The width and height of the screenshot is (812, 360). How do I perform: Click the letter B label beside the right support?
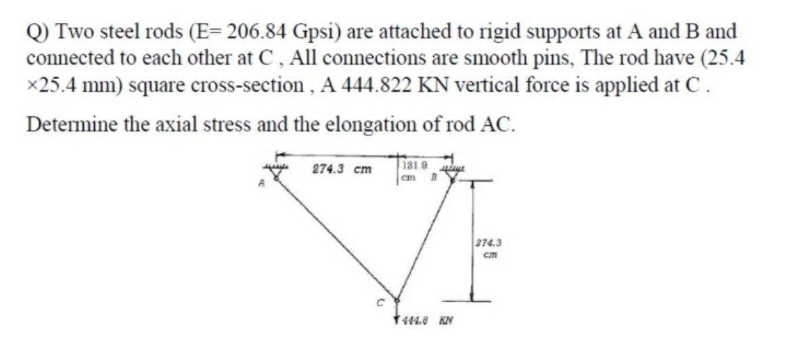tap(430, 179)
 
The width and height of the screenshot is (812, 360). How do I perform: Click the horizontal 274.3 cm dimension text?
tap(341, 169)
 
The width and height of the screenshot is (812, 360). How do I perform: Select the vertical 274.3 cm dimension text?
tap(487, 247)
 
